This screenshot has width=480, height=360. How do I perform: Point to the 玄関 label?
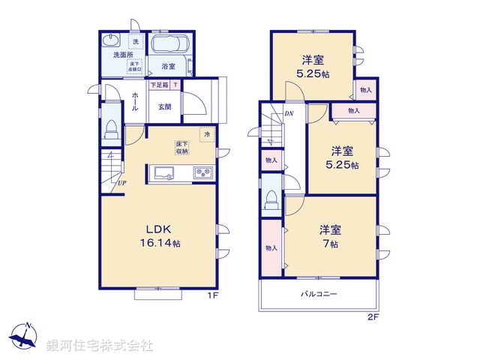tap(165, 106)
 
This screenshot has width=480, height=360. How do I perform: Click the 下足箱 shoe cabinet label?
tap(160, 85)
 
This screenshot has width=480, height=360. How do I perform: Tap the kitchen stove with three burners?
tap(203, 173)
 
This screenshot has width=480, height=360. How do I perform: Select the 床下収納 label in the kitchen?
tap(182, 147)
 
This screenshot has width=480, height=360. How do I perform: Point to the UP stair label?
tap(120, 182)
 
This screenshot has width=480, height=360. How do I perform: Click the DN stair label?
tap(289, 114)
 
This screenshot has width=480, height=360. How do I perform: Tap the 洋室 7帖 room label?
tap(330, 236)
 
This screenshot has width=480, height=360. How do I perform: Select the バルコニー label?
tap(319, 293)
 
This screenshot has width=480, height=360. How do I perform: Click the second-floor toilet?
tap(271, 199)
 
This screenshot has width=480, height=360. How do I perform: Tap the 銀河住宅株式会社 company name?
tap(99, 346)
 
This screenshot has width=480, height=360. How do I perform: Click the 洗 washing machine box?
tap(135, 41)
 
